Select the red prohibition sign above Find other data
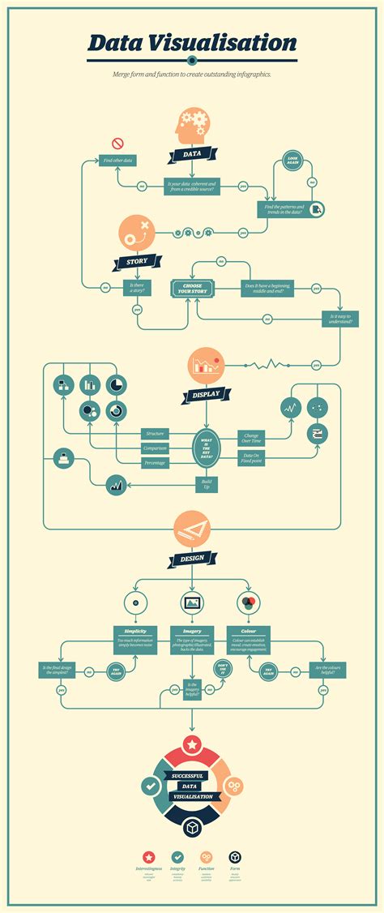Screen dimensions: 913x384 pos(117,144)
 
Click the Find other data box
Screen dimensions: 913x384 pos(117,161)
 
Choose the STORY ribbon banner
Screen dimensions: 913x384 pos(137,262)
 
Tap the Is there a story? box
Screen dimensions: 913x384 pos(137,286)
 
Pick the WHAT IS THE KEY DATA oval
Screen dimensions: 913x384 pos(206,447)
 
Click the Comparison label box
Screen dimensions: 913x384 pos(154,447)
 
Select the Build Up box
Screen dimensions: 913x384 pos(206,484)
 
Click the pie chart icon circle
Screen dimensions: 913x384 pos(117,384)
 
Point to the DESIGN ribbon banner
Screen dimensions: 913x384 pos(192,559)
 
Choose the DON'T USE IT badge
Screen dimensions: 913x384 pos(224,669)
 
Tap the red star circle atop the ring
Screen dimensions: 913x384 pos(192,744)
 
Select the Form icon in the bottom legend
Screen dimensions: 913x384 pos(235,855)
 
